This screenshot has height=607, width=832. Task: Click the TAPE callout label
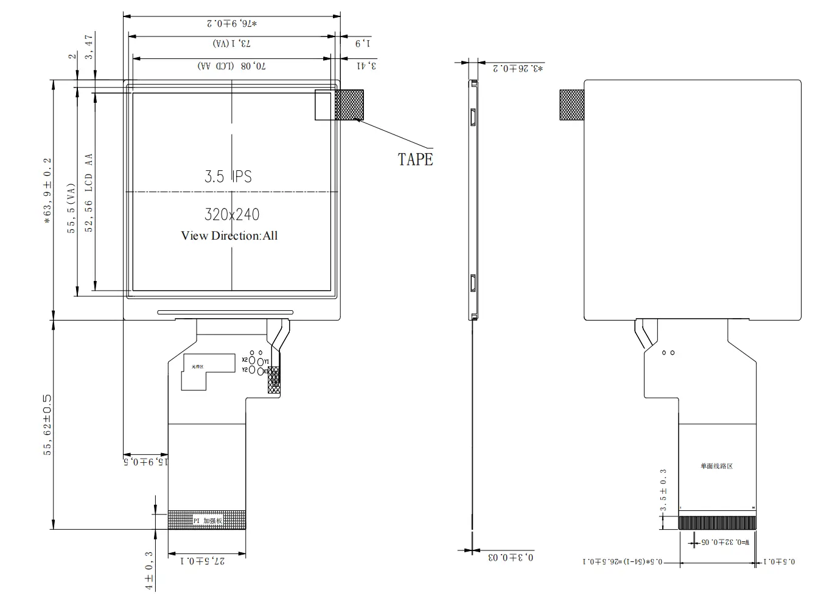[415, 159]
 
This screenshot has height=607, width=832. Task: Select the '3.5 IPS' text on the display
[228, 176]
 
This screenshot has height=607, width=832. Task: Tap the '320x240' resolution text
[232, 214]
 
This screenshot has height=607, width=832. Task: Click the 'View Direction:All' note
[229, 236]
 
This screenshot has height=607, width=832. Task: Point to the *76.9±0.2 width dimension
[232, 24]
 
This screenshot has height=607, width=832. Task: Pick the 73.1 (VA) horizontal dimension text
[232, 44]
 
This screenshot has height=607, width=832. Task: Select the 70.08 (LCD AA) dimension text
[232, 66]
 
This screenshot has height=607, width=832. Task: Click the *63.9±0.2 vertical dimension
[47, 192]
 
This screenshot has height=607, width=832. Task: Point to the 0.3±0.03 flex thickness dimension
[511, 557]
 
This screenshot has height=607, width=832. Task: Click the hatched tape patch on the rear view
[572, 105]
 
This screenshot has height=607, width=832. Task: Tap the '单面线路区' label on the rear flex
[716, 467]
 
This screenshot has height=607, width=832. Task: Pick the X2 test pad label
[245, 360]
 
